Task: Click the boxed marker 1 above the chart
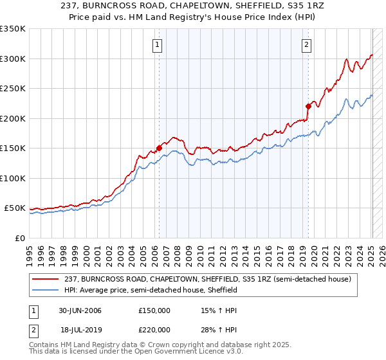158,44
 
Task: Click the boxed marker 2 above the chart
306,44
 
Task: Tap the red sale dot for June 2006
159,148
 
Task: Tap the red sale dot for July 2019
308,106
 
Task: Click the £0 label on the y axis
19,238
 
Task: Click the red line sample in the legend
46,279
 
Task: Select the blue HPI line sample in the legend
46,290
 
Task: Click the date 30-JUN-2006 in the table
80,310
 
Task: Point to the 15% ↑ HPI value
219,310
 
